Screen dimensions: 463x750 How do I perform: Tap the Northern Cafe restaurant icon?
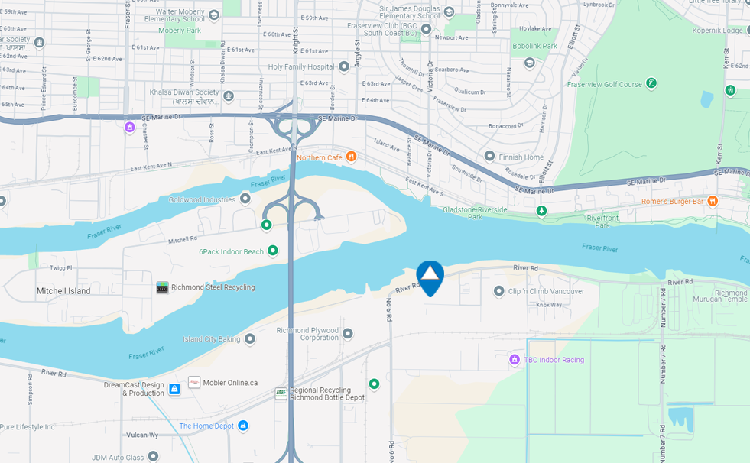351,157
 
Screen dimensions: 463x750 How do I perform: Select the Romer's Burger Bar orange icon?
713,201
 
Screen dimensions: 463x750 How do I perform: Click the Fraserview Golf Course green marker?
651,83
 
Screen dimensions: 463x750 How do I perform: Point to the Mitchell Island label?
63,291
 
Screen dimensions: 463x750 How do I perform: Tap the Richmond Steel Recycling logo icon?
162,287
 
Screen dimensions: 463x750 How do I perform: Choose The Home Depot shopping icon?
243,426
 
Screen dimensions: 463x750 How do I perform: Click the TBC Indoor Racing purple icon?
515,359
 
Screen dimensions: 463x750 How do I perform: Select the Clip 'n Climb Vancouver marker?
499,291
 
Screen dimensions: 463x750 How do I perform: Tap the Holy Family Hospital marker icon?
344,66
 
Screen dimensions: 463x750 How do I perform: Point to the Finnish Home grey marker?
489,157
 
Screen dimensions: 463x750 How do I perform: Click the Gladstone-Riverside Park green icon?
541,210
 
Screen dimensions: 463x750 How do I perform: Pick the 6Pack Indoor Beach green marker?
272,251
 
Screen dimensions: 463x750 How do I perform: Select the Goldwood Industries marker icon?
245,199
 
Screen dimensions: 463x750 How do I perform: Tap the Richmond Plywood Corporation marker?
348,333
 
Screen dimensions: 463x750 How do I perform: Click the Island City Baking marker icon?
249,338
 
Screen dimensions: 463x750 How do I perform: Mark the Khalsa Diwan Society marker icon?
229,96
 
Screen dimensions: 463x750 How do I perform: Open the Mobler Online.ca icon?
194,382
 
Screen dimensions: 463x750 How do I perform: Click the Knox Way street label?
548,305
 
